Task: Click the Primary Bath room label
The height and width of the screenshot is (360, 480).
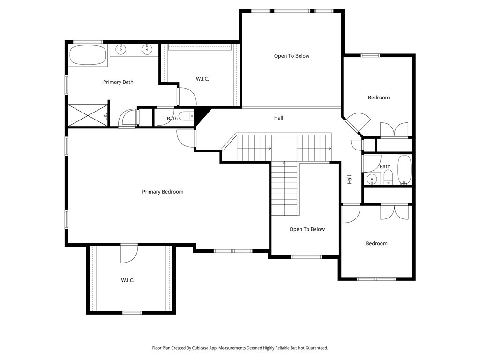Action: tap(118, 82)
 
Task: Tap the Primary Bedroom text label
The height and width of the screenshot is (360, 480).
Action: tap(163, 192)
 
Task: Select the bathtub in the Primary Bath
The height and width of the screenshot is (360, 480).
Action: tap(88, 55)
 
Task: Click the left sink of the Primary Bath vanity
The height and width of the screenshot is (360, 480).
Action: tap(121, 49)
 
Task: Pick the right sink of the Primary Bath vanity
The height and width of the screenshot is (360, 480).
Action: tap(147, 49)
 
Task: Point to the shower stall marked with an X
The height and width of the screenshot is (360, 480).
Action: tap(88, 115)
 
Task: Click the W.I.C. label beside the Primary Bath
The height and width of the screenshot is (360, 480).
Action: tap(202, 79)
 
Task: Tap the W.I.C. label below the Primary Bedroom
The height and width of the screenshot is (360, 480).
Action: tap(127, 280)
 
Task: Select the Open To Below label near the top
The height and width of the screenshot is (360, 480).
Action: tap(292, 56)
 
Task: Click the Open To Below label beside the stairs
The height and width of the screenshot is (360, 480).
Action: tap(307, 229)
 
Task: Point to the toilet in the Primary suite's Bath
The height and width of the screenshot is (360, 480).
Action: tap(186, 116)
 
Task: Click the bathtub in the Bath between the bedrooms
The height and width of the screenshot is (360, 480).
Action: tap(405, 170)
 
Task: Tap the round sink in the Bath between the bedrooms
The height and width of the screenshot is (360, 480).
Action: tap(372, 179)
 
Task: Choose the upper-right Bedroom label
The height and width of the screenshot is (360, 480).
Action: tap(379, 97)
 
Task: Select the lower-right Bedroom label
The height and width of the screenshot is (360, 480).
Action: tap(376, 244)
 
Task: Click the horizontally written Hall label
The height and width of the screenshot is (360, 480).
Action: tap(278, 118)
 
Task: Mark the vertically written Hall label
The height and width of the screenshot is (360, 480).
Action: tap(350, 180)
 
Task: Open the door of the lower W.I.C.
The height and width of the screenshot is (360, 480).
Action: tap(128, 254)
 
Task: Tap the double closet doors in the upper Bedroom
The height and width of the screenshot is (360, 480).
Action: tap(394, 130)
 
